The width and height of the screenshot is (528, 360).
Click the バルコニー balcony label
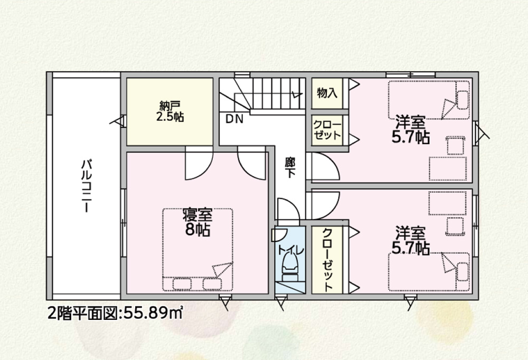(x=87, y=186)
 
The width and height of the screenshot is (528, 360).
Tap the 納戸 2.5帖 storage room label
(x=169, y=111)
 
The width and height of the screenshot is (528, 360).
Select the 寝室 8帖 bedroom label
(x=197, y=222)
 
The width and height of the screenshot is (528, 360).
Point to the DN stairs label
(x=234, y=119)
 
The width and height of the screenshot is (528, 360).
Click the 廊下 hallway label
(x=290, y=167)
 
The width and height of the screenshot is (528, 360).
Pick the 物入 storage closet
(x=327, y=93)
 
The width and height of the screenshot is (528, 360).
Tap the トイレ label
(x=291, y=250)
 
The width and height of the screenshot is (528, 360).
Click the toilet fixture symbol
(x=290, y=268)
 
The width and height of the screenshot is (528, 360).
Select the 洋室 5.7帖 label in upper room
(x=410, y=129)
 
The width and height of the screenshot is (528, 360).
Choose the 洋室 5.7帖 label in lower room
(x=410, y=240)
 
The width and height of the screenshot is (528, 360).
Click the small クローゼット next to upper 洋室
(x=327, y=130)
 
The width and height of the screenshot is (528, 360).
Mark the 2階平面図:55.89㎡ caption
(x=116, y=313)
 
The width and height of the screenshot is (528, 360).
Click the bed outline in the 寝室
(x=197, y=250)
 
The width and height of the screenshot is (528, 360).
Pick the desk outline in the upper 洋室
(x=448, y=168)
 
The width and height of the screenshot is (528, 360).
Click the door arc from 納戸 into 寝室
(x=199, y=163)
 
